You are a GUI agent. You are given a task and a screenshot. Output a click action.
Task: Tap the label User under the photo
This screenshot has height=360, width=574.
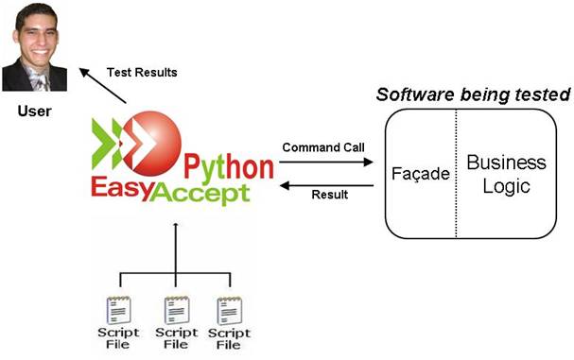(x=34, y=111)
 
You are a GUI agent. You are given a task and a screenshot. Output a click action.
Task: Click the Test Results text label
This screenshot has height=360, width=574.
(x=141, y=72)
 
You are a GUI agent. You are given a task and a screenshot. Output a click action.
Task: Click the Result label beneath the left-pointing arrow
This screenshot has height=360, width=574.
(x=329, y=195)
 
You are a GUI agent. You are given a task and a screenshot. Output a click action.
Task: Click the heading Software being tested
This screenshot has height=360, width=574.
(x=473, y=95)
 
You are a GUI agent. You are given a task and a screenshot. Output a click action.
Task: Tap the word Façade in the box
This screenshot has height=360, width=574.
(x=420, y=176)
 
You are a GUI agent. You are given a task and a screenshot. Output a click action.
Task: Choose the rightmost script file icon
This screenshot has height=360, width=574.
(x=230, y=311)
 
